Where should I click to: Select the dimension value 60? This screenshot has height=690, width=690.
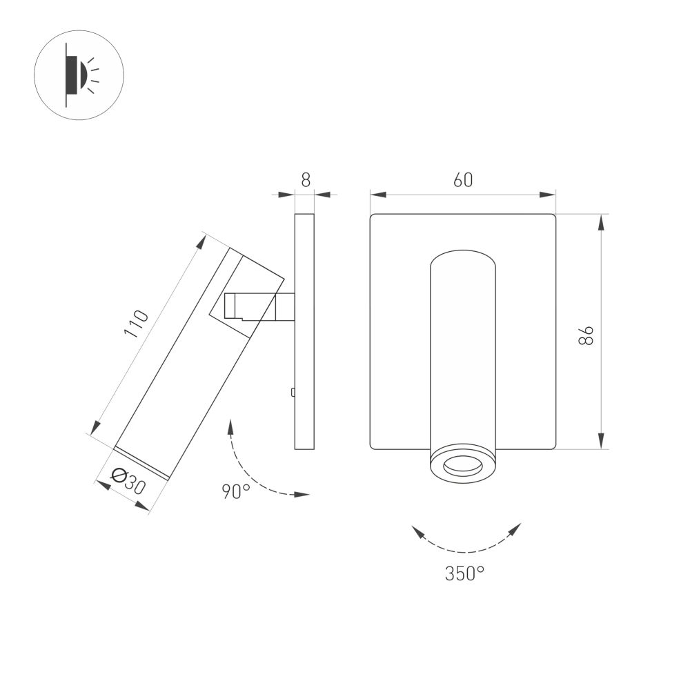pyautogui.click(x=463, y=180)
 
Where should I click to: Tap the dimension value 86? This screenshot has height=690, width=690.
pyautogui.click(x=586, y=335)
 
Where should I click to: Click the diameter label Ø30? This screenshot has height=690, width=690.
pyautogui.click(x=128, y=482)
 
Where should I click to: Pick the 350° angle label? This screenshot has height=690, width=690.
pyautogui.click(x=464, y=573)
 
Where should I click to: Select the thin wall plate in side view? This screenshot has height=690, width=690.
pyautogui.click(x=304, y=331)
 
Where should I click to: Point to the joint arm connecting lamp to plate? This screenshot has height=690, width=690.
pyautogui.click(x=259, y=306)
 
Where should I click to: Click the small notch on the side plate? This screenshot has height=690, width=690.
pyautogui.click(x=293, y=393)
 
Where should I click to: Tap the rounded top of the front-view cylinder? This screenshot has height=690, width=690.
pyautogui.click(x=462, y=258)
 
